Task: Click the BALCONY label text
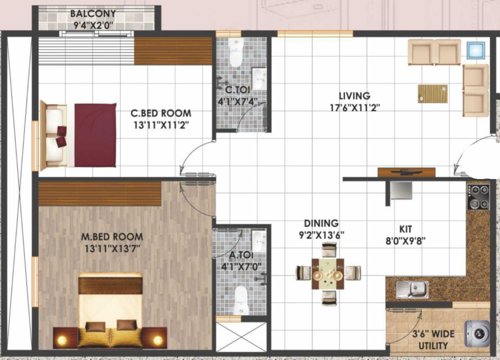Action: (97, 14)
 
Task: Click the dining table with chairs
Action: (326, 273)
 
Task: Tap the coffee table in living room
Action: (432, 94)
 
